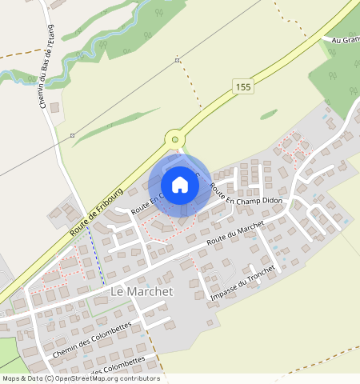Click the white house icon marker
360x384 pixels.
click(180, 185)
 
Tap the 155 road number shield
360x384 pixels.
click(244, 86)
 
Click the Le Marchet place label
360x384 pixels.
click(141, 292)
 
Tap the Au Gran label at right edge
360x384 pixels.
click(345, 38)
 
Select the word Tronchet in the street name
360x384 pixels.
click(258, 274)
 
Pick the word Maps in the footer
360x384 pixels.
click(12, 378)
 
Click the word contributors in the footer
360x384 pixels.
click(139, 378)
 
